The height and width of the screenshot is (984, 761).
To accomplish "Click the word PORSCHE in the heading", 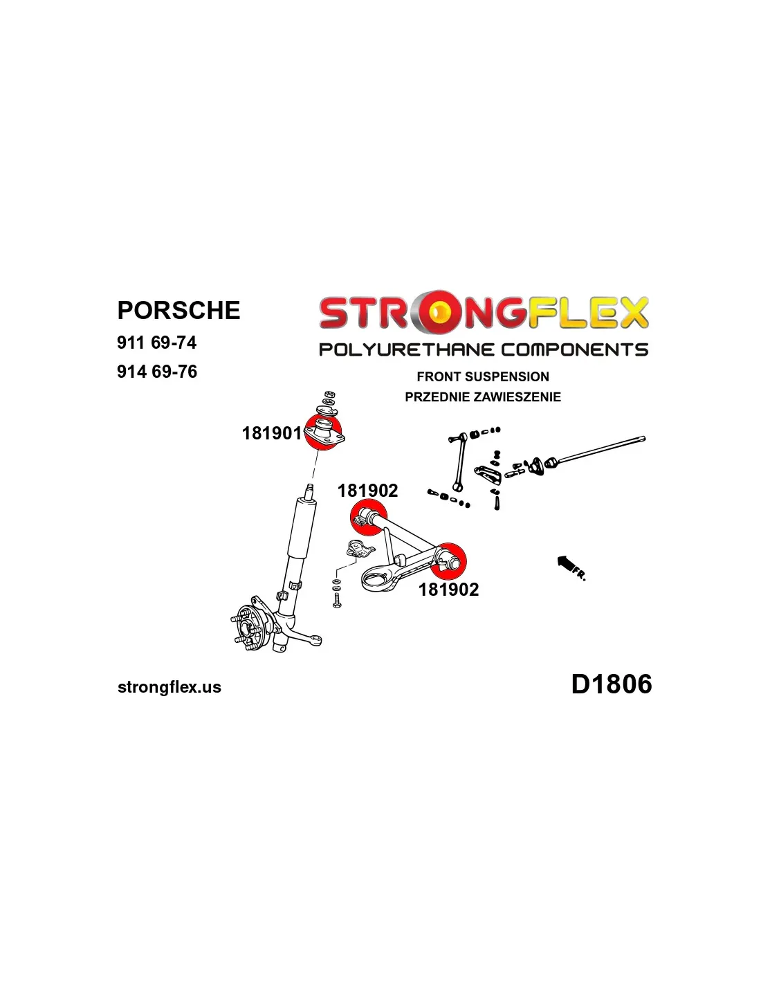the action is coord(178,310).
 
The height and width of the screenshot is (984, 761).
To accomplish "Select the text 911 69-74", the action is coord(156,343).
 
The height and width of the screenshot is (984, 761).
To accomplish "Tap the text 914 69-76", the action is coord(157,372).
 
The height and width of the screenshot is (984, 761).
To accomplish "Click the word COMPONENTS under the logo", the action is coord(574,349).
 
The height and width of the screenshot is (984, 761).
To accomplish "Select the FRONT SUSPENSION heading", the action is coord(483,376).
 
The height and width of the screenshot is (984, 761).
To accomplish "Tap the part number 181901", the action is coord(272,433).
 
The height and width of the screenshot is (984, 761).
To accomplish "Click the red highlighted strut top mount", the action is coord(323,432).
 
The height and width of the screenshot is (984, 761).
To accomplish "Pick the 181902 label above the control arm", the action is coord(367,491).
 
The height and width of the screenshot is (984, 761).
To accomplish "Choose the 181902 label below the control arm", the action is coord(448,589).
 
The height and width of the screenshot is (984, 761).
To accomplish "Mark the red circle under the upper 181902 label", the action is coord(369,518).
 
